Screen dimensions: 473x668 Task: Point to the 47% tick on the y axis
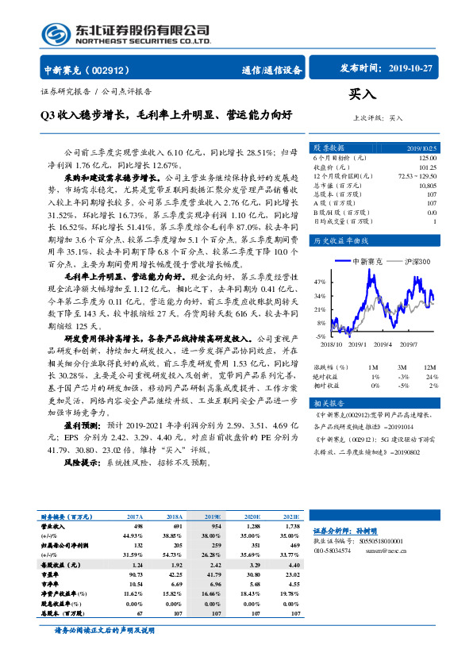click(320, 282)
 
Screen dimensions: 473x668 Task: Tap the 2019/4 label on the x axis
click(384, 344)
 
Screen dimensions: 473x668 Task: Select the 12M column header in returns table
click(430, 367)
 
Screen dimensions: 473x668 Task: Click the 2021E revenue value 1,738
click(290, 525)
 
